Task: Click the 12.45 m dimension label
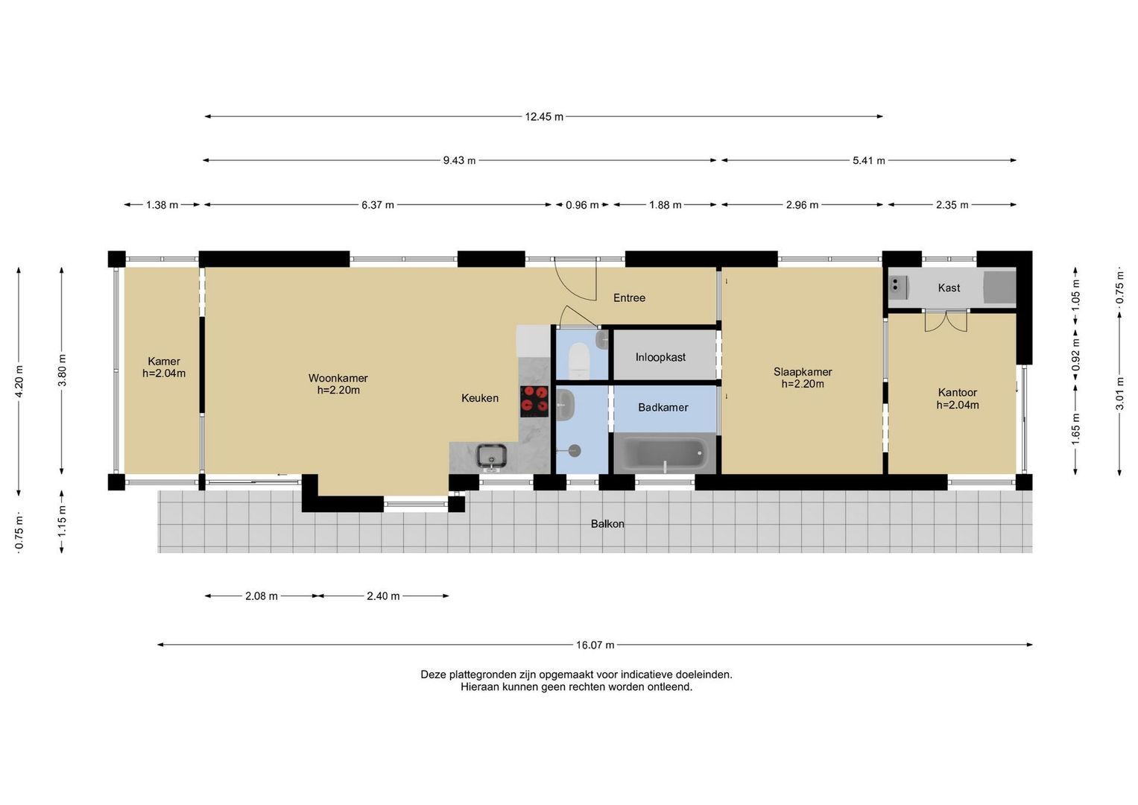544,117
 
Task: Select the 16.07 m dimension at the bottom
595,645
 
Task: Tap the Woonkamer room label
338,378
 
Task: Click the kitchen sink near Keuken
491,456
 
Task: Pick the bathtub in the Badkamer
665,454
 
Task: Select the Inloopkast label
660,357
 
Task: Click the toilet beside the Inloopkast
579,360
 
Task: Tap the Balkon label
607,524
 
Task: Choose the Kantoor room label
957,393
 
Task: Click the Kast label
949,288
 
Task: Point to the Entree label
629,298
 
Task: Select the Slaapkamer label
803,372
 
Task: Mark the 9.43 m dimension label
459,160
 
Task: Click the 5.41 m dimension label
869,160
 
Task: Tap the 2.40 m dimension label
383,596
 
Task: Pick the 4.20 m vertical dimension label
19,381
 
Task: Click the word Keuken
480,399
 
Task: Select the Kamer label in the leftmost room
164,362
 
